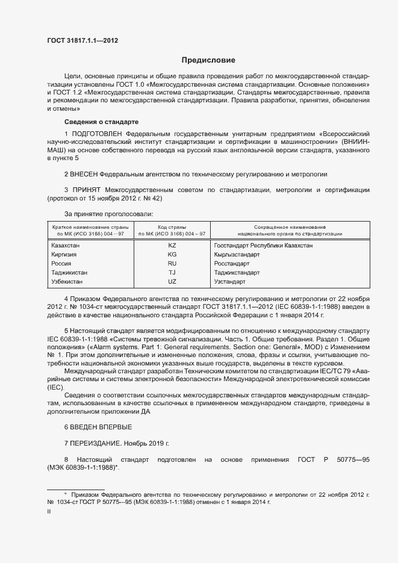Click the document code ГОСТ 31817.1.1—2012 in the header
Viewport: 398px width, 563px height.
[82, 40]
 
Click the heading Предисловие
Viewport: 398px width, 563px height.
[208, 60]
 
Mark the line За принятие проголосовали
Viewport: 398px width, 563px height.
[108, 214]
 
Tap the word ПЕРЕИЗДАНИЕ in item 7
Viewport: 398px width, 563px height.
[95, 443]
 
